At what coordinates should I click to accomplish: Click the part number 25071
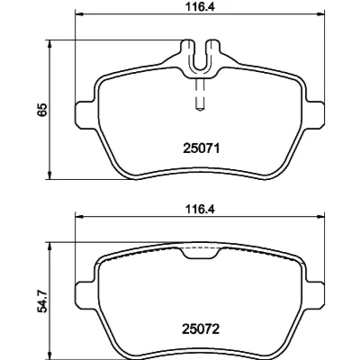(x=201, y=148)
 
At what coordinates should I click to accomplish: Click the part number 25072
(x=201, y=329)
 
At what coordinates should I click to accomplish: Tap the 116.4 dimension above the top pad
(x=201, y=6)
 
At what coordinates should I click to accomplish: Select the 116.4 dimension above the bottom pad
(x=201, y=209)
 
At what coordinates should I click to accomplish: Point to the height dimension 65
(x=42, y=110)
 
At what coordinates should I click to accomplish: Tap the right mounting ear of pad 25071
(x=316, y=114)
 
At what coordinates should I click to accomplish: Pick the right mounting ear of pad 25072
(x=316, y=295)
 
